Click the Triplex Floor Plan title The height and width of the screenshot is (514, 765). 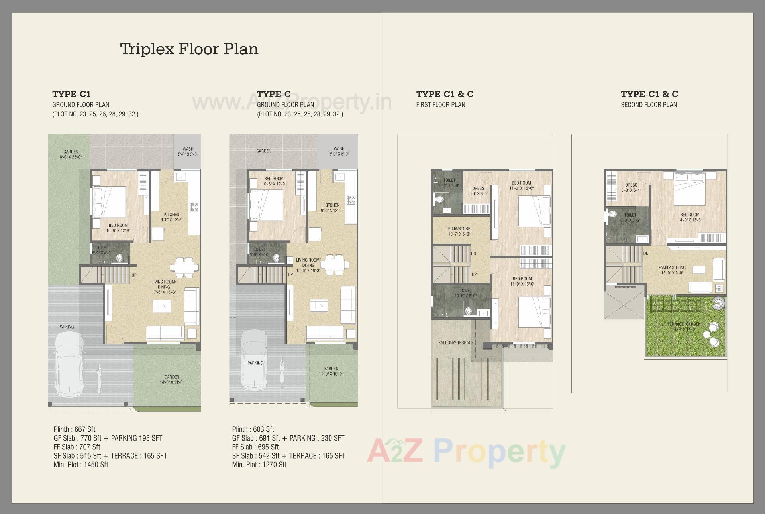tap(189, 49)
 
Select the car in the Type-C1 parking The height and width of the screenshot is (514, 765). tap(70, 365)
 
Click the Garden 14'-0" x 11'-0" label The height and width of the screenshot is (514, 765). tap(172, 380)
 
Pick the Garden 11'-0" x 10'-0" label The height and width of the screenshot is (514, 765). tap(331, 371)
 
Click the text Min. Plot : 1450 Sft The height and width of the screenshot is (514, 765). tap(81, 465)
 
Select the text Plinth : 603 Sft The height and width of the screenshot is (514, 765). tap(253, 429)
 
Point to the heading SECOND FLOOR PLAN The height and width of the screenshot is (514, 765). tap(649, 105)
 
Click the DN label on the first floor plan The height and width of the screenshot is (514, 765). tap(473, 254)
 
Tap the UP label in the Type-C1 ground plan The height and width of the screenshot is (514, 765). tap(134, 275)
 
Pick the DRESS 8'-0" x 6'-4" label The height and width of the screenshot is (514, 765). tap(631, 187)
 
